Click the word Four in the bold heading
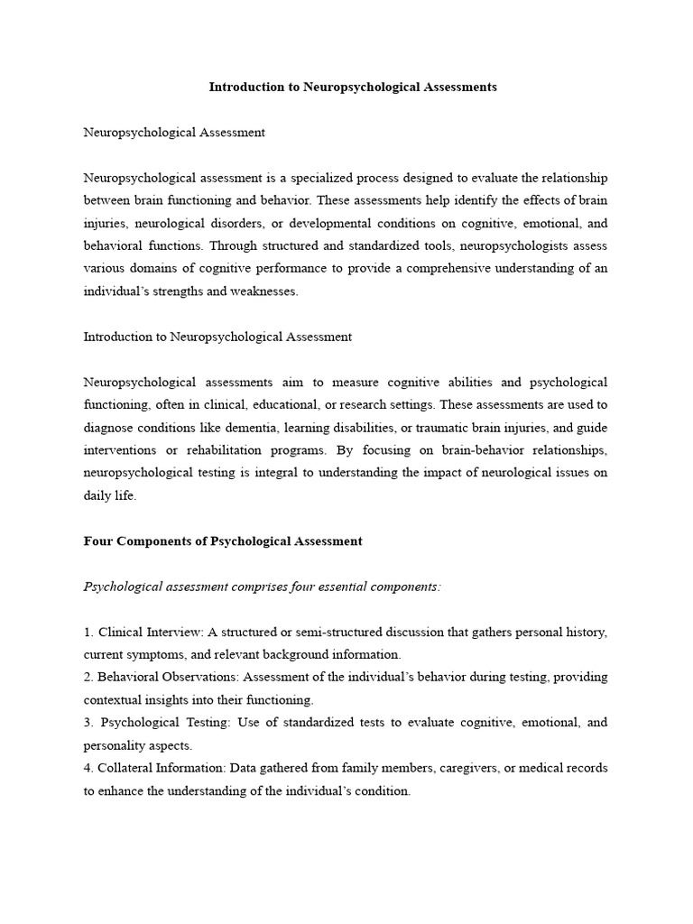pos(98,541)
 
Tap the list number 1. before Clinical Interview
pos(88,632)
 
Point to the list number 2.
pos(88,677)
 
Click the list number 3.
pos(88,723)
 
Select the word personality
pos(114,746)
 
